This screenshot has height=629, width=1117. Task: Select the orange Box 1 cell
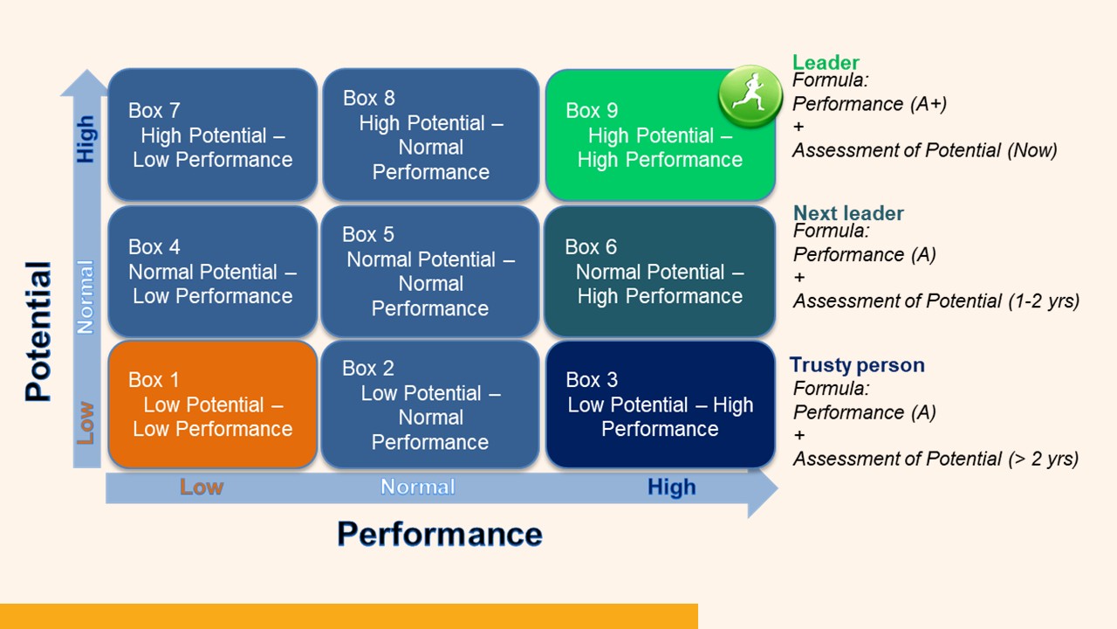[x=212, y=404]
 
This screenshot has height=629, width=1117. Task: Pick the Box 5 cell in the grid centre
[x=430, y=272]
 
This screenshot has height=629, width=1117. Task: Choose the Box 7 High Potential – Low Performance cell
[x=212, y=135]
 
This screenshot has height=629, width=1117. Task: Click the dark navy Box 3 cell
[x=660, y=404]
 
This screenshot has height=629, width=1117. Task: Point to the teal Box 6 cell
[x=660, y=272]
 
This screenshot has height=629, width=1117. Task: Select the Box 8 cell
[x=430, y=135]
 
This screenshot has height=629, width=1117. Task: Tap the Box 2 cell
[x=430, y=404]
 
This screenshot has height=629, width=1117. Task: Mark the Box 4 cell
[x=212, y=272]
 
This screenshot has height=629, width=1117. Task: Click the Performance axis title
[x=440, y=534]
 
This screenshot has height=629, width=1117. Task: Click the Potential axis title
[x=38, y=332]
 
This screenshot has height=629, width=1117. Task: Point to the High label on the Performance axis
[x=671, y=487]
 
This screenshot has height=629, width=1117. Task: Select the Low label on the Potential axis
[x=86, y=423]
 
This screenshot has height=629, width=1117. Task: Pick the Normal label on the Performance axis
[x=417, y=487]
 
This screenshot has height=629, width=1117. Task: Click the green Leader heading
[x=826, y=63]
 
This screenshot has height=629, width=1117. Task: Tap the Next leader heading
[x=848, y=213]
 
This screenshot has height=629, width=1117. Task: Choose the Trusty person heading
[x=857, y=365]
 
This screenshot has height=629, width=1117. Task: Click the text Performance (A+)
[x=869, y=104]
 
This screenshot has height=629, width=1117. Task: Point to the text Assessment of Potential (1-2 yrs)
[x=935, y=301]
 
